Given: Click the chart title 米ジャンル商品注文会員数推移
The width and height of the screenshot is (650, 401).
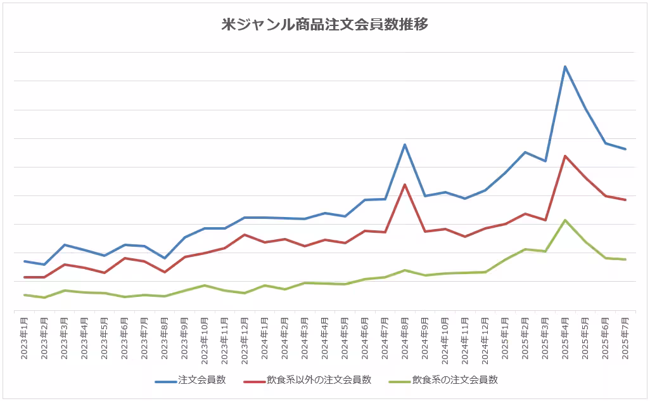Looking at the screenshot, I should pos(324,25).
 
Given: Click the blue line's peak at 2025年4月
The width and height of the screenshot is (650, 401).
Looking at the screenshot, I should pos(564,67).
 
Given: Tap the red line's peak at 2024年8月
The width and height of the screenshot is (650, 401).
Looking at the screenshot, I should pos(405,185).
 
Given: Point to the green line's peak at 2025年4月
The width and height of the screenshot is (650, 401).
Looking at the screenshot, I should pos(564,220).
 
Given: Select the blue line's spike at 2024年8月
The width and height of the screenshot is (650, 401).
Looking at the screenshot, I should pos(405,145).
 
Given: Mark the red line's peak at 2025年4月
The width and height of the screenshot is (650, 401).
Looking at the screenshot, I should pos(564,155).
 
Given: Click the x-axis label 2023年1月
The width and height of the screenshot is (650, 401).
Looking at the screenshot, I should pos(24,338).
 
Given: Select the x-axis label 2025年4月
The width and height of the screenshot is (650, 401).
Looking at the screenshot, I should pos(564,338).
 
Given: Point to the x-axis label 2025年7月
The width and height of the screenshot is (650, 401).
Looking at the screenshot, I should pos(625,338).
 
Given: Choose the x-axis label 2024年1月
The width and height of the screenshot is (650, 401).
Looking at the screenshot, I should pos(265,338).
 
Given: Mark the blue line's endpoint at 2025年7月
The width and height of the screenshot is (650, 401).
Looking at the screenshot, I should pos(625,149).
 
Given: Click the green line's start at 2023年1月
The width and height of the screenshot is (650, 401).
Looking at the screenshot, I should pos(24,294).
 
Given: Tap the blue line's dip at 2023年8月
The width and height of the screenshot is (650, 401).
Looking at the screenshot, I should pos(165,258).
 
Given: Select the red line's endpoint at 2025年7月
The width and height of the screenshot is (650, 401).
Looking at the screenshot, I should pos(625,200).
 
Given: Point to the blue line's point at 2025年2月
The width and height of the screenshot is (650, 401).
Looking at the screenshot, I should pos(525,152).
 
